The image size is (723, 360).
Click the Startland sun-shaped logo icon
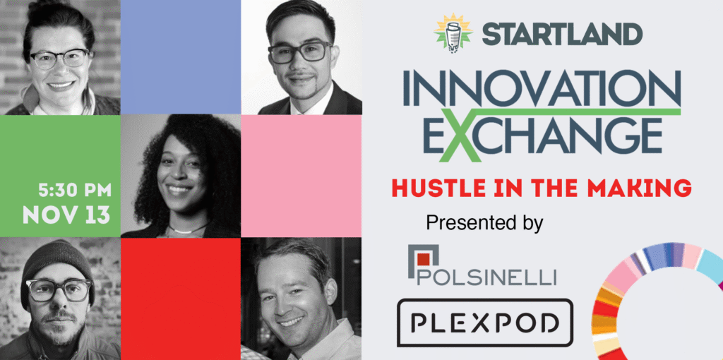tap(454, 32)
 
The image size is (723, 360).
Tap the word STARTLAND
tap(562, 34)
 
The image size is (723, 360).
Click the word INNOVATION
tap(542, 88)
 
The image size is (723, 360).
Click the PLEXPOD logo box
tap(485, 322)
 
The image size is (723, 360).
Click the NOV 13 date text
tap(67, 215)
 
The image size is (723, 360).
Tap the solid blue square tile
tap(181, 57)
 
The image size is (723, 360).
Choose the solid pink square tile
tap(301, 176)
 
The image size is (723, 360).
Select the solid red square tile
tap(181, 299)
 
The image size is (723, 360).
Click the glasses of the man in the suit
tap(299, 52)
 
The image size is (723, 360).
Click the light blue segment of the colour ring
tap(710, 266)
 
